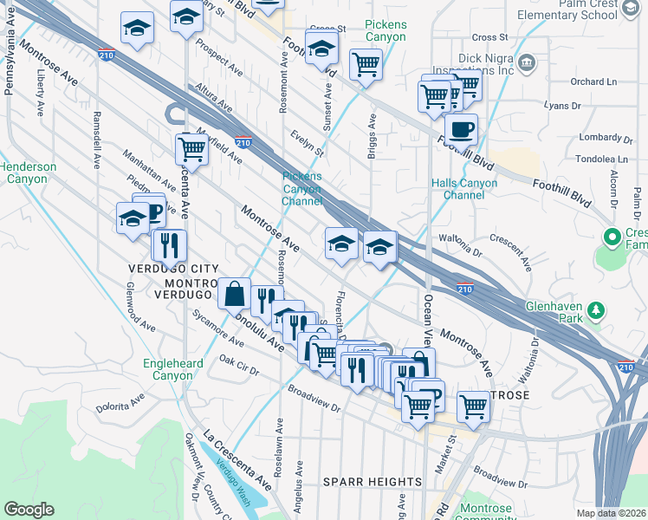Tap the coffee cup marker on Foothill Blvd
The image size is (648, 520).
click(461, 129)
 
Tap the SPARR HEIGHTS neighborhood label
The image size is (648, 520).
click(373, 482)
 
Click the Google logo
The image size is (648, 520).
click(29, 510)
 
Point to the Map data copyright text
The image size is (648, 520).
click(612, 513)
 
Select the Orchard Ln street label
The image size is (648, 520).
click(593, 82)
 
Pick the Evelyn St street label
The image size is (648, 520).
click(307, 144)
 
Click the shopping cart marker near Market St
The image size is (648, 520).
click(473, 406)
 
